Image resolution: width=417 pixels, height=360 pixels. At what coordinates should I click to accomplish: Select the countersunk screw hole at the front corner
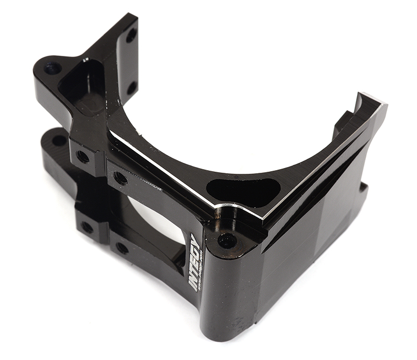227,241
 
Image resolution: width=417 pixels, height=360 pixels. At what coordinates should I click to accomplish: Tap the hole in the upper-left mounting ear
52,68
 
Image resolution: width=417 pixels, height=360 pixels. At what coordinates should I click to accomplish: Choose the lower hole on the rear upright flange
132,87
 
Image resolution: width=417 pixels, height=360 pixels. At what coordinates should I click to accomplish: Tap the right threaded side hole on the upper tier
120,178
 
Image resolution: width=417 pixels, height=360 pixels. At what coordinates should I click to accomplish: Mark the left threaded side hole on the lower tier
87,227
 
